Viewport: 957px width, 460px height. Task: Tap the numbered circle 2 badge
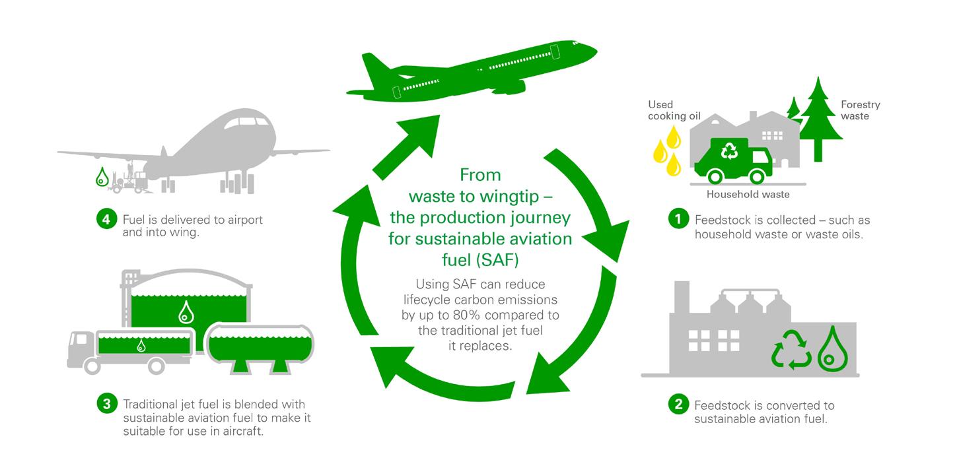click(x=678, y=405)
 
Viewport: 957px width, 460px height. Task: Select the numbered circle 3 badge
click(x=106, y=404)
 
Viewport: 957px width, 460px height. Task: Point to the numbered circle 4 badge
click(x=106, y=220)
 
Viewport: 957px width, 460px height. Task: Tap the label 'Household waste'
click(x=748, y=195)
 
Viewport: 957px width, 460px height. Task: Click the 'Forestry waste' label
click(x=860, y=110)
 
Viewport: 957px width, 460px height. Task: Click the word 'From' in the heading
click(x=480, y=176)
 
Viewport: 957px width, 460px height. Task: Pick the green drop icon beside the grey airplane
click(x=102, y=177)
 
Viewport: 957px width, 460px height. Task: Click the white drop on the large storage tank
click(x=184, y=313)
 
